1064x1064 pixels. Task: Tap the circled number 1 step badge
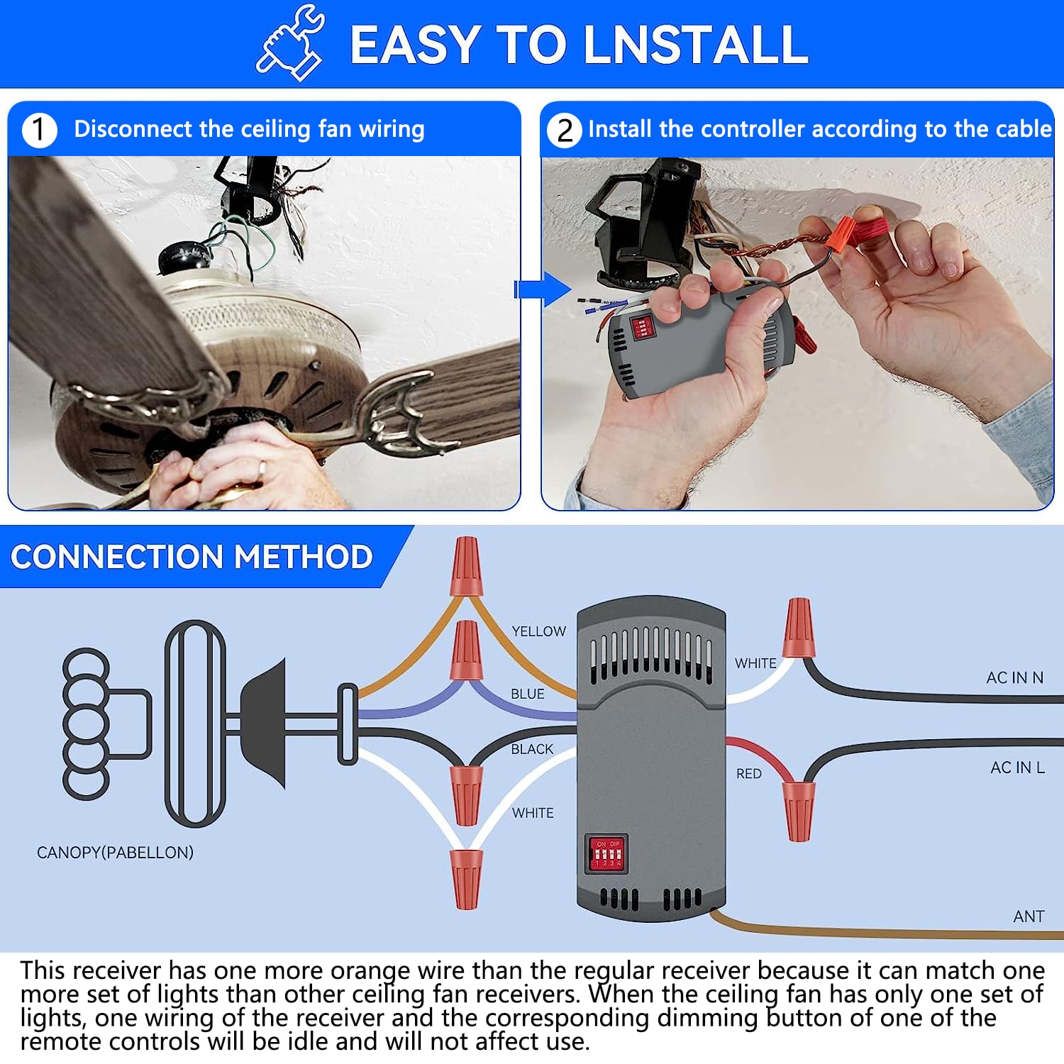[39, 131]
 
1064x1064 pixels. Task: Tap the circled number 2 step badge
[564, 131]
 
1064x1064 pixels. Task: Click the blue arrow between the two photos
[543, 289]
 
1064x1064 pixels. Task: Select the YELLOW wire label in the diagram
[538, 631]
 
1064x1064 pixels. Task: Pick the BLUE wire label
[527, 694]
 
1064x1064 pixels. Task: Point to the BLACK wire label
[532, 749]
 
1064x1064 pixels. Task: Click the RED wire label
[748, 774]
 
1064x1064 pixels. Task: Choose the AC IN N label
[1014, 678]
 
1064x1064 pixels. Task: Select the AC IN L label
[1017, 767]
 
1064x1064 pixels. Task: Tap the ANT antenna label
[1029, 916]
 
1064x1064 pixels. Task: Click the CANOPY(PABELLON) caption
[115, 853]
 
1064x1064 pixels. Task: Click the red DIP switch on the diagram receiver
[607, 853]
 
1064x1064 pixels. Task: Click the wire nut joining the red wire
[799, 811]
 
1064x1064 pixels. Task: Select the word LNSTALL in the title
[695, 45]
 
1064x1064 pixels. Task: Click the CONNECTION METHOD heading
[192, 557]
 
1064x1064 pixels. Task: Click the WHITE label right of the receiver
[755, 663]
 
